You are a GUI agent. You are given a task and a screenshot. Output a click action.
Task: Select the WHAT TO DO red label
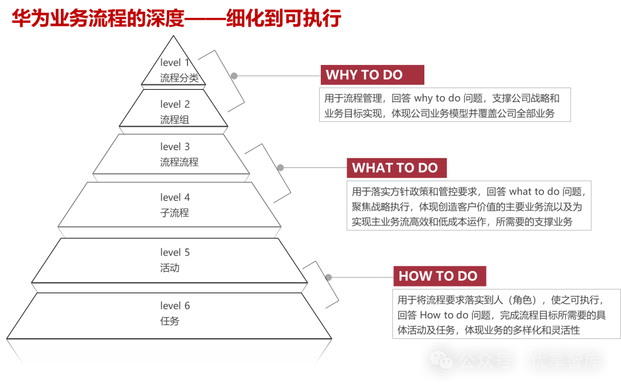point(396,168)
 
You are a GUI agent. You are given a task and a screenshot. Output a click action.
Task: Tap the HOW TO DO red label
point(439,276)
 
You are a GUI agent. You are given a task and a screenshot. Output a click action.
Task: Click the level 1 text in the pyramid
point(175,62)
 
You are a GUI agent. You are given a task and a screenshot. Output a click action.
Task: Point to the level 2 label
point(175,104)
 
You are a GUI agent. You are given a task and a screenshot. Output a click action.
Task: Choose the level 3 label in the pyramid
point(175,147)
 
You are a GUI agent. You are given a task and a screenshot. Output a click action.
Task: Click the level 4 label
point(175,197)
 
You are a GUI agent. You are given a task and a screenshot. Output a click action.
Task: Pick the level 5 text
point(175,252)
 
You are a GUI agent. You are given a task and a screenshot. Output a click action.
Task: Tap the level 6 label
point(175,305)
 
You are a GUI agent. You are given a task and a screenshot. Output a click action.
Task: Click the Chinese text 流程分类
point(179,78)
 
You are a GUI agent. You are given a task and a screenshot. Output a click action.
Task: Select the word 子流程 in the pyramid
point(174,213)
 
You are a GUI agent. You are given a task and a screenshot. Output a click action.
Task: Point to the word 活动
point(170,267)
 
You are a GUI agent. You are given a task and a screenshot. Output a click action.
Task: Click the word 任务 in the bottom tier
point(170,321)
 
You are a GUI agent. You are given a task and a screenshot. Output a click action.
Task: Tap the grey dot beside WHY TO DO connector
point(234,76)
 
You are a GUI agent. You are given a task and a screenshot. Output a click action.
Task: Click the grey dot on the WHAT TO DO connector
point(281,168)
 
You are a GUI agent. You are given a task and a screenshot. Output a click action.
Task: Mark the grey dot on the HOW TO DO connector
point(328,277)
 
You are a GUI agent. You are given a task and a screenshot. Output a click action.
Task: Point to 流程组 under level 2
point(174,120)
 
